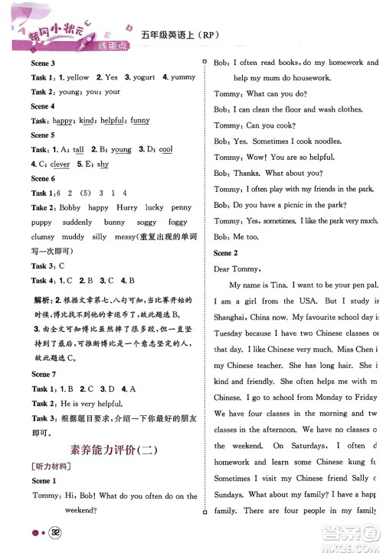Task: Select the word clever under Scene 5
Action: point(60,164)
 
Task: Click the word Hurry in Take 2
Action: point(129,208)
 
